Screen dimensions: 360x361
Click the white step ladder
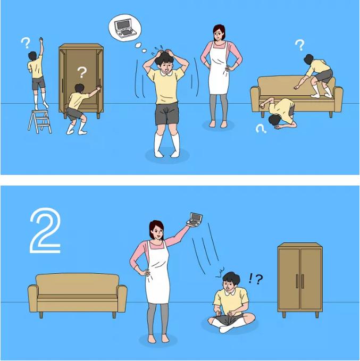tap(40, 122)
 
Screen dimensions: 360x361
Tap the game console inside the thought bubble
tap(125, 28)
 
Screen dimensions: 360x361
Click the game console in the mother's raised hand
tap(194, 220)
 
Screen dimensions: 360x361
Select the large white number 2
tap(45, 230)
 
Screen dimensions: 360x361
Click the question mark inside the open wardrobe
tap(82, 72)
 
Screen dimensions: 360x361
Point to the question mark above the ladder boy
tap(26, 43)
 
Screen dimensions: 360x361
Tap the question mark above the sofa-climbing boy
tap(300, 45)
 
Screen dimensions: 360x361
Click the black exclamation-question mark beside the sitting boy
tap(256, 279)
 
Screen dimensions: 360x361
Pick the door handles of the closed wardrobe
tap(300, 281)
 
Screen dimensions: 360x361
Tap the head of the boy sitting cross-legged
tap(230, 281)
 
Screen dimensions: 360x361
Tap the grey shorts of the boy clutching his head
tap(167, 114)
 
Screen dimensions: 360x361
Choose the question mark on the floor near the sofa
tap(261, 129)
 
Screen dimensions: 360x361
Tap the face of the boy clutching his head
tap(166, 65)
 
